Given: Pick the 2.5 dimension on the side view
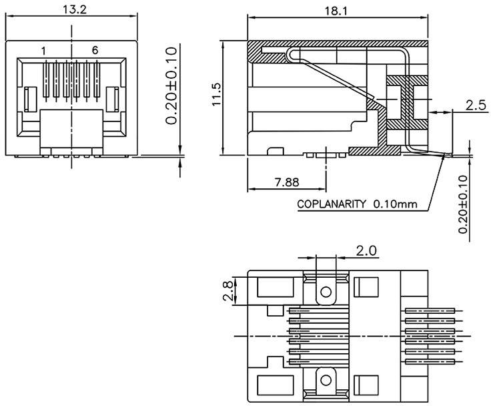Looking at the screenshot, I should (475, 105).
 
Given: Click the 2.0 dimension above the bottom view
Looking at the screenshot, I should (366, 250).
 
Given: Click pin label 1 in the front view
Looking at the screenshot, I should (43, 51).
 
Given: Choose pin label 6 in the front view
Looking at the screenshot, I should (95, 51).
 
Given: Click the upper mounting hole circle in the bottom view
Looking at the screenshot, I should (326, 292).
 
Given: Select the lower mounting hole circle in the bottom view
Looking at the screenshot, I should (326, 379).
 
